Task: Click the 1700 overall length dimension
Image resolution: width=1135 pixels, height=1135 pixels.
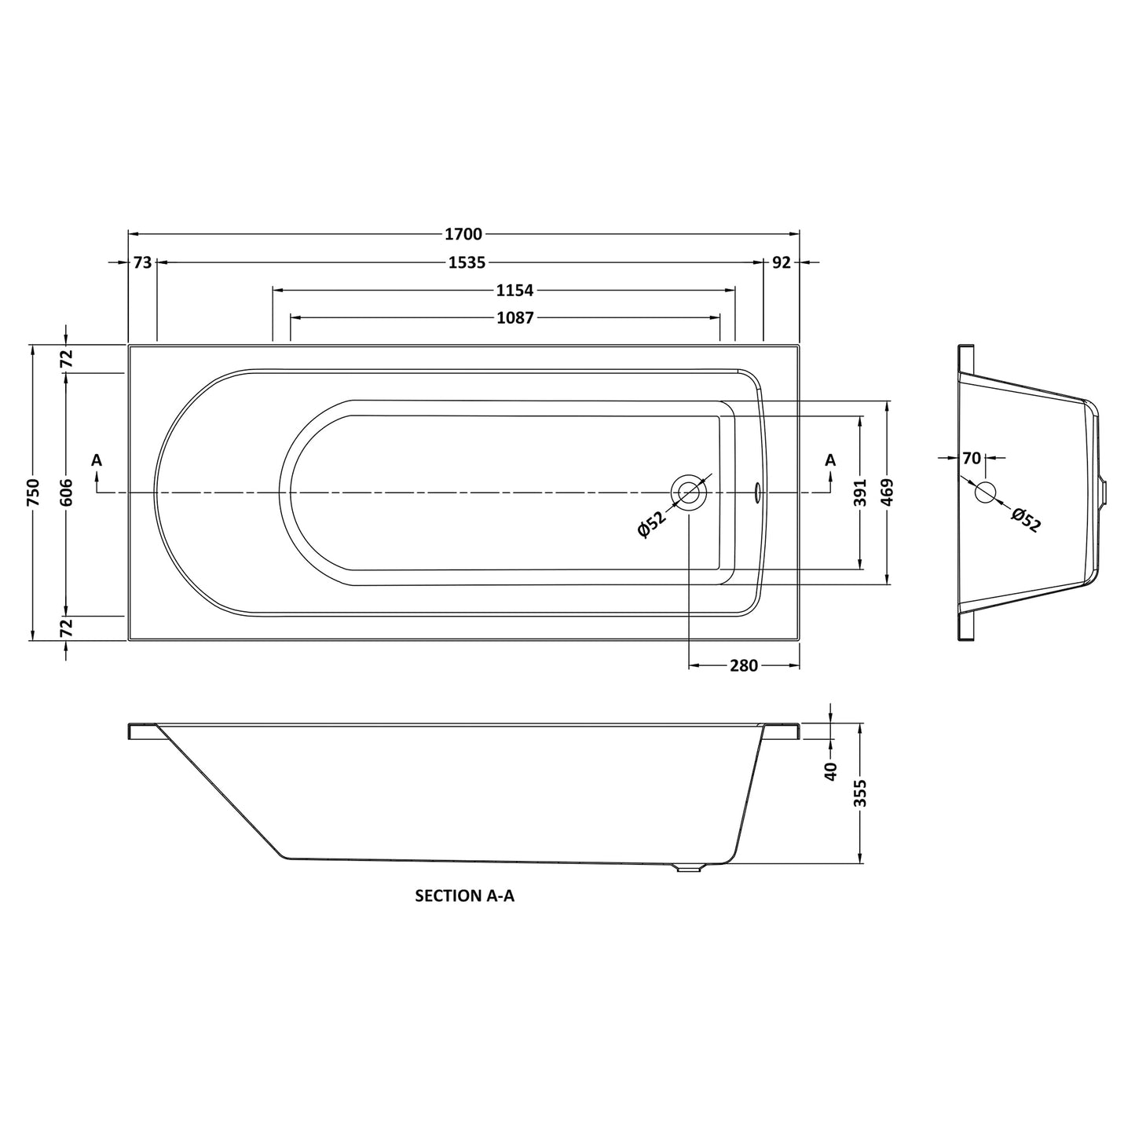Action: pyautogui.click(x=463, y=234)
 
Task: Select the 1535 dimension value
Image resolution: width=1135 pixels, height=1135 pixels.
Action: pyautogui.click(x=467, y=263)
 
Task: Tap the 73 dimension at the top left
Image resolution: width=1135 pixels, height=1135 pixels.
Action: pyautogui.click(x=142, y=263)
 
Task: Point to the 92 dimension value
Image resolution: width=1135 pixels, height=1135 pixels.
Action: pyautogui.click(x=781, y=263)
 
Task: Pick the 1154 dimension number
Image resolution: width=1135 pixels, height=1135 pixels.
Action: pyautogui.click(x=514, y=291)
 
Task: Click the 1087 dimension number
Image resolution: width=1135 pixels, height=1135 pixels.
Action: pyautogui.click(x=515, y=318)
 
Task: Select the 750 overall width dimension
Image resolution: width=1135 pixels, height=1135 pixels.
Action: pyautogui.click(x=33, y=492)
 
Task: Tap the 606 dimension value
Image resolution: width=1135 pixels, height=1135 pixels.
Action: pyautogui.click(x=67, y=492)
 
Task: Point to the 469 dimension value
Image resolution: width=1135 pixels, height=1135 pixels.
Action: pyautogui.click(x=888, y=492)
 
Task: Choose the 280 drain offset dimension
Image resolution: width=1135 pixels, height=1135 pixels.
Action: pyautogui.click(x=743, y=666)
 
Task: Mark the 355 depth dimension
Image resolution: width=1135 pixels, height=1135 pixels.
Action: pyautogui.click(x=862, y=793)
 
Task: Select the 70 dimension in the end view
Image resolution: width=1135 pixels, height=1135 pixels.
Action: pyautogui.click(x=972, y=458)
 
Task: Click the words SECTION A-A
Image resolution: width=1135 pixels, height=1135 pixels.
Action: pyautogui.click(x=464, y=895)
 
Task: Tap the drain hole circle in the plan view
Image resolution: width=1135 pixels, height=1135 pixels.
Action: pyautogui.click(x=689, y=492)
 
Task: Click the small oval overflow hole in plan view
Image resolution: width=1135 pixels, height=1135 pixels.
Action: pyautogui.click(x=757, y=492)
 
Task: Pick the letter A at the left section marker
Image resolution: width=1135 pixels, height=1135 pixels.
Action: pyautogui.click(x=97, y=460)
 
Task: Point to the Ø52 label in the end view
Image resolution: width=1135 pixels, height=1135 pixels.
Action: pyautogui.click(x=1026, y=520)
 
